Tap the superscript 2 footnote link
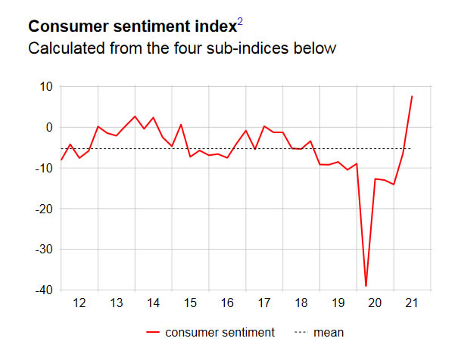(x=240, y=22)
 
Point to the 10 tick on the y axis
(x=45, y=86)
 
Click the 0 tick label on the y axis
(x=49, y=127)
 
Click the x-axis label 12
(x=79, y=303)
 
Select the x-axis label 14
(x=153, y=303)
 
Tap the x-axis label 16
(x=227, y=303)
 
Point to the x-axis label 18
(x=301, y=303)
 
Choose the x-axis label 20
(x=376, y=303)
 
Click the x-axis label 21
(x=413, y=303)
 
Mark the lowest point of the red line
(x=366, y=287)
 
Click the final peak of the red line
(x=412, y=96)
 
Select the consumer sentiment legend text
(x=220, y=332)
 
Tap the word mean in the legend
(x=329, y=332)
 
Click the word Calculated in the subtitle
(x=65, y=48)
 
